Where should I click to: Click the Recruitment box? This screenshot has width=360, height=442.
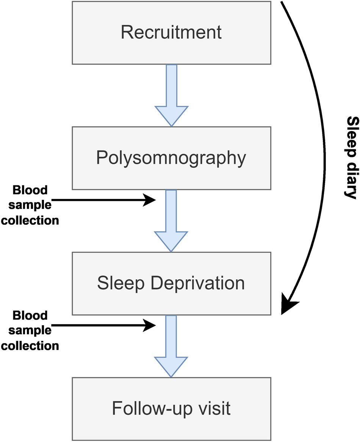click(171, 33)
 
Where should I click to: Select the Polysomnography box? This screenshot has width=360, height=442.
click(171, 158)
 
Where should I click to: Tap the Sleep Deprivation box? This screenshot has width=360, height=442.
click(171, 283)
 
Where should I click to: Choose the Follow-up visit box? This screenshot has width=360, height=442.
click(171, 409)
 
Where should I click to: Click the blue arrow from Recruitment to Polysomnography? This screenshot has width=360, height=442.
click(171, 95)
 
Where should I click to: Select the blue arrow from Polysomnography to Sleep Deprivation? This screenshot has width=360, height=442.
click(171, 220)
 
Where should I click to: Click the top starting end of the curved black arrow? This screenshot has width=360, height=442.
click(283, 3)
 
